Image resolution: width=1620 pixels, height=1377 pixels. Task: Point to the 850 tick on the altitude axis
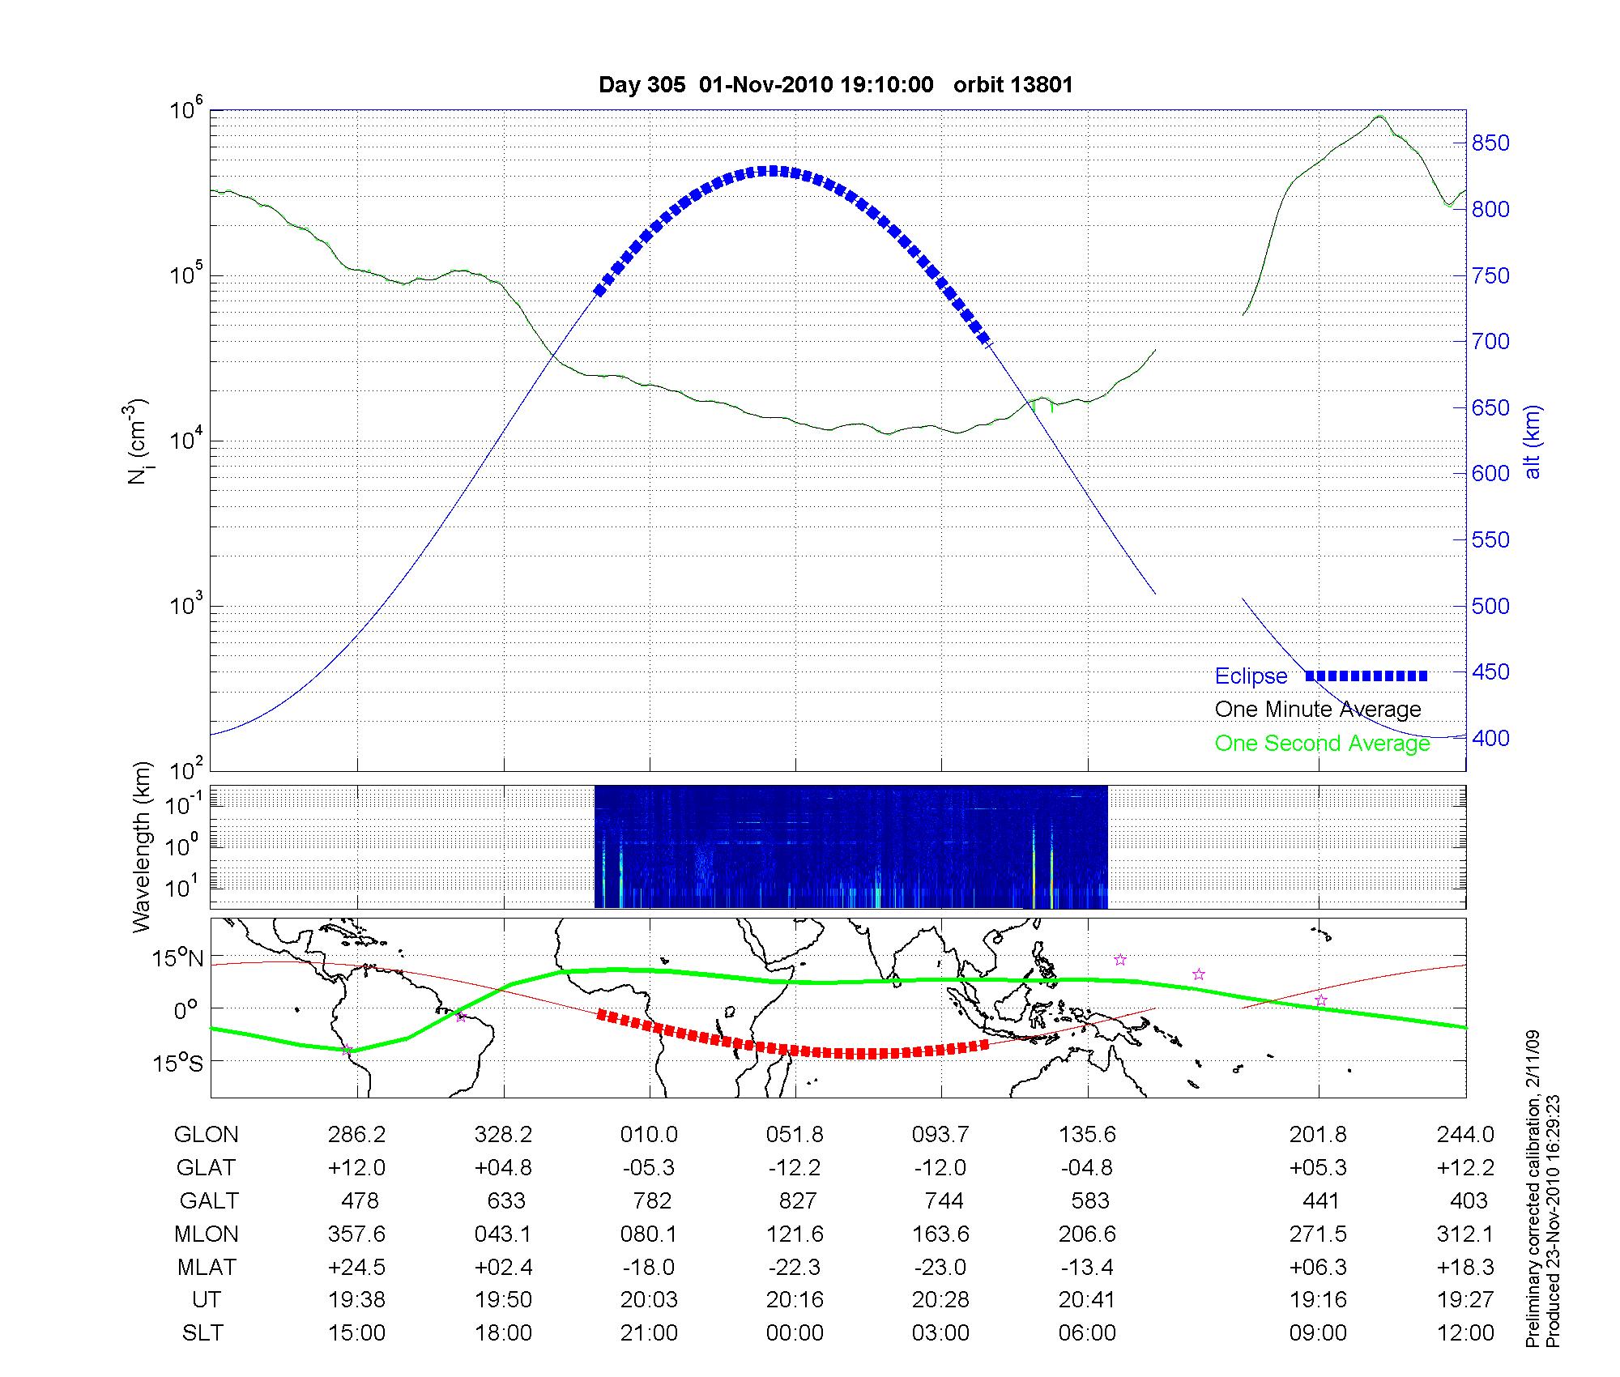tap(1490, 143)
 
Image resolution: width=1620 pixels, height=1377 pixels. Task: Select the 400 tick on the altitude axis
tap(1490, 738)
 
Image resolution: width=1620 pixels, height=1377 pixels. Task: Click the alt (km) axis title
tap(1533, 442)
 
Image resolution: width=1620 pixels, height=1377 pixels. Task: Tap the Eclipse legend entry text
tap(1251, 676)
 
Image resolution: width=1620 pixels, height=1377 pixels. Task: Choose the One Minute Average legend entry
tap(1318, 710)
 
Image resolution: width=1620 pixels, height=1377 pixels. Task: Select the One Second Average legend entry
tap(1322, 744)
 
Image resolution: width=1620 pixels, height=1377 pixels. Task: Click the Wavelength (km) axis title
tap(143, 846)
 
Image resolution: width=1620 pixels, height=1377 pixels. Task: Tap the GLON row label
tap(206, 1135)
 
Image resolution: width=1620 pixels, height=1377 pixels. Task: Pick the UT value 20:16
tap(795, 1300)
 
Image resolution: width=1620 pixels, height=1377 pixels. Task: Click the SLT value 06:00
tap(1087, 1333)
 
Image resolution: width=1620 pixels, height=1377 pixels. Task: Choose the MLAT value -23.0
tap(940, 1267)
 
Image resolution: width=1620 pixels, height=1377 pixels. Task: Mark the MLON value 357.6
tap(356, 1234)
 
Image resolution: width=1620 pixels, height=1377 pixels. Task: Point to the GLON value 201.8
tap(1318, 1135)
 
